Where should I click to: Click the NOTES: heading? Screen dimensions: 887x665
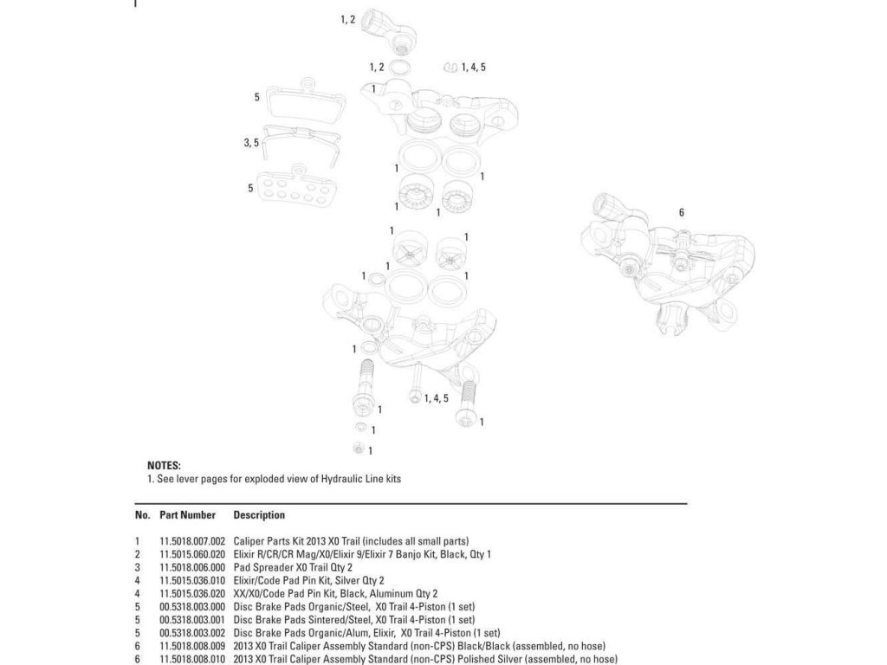coord(164,466)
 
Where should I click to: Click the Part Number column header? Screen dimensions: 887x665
coord(187,515)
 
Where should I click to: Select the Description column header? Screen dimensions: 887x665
coord(259,515)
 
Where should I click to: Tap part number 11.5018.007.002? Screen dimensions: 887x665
coord(192,540)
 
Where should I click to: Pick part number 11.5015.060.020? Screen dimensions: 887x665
coord(192,553)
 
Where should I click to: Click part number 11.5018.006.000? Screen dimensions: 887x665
coord(192,566)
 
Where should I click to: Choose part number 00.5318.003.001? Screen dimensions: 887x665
coord(192,619)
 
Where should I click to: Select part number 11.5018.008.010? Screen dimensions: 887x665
coord(192,659)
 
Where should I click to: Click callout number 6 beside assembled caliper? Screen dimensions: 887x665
coord(682,213)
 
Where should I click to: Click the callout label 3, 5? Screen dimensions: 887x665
coord(251,143)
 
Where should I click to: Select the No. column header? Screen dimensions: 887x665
coord(143,515)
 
